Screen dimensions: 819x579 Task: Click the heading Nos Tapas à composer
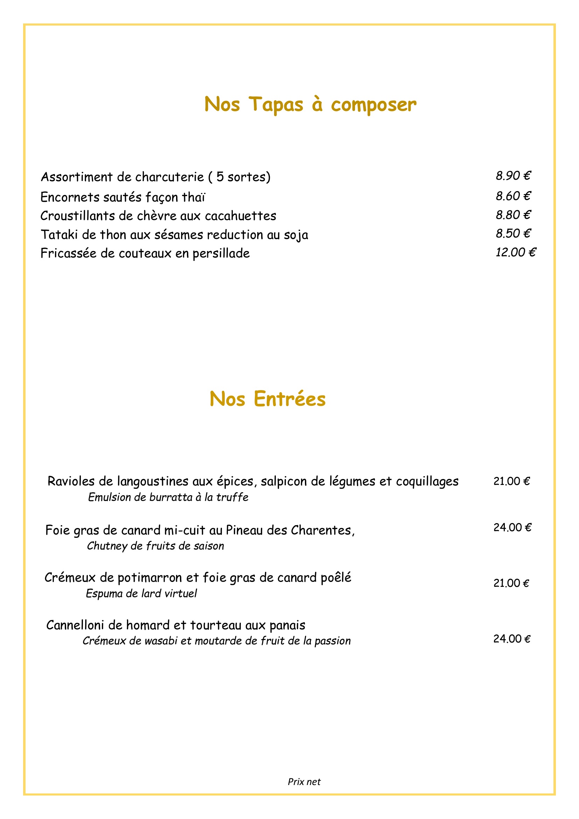point(310,104)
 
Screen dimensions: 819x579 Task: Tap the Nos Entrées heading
point(267,399)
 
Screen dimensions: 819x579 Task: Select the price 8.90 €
point(513,175)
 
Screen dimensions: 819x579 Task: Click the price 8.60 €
point(513,196)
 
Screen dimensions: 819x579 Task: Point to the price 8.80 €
point(513,215)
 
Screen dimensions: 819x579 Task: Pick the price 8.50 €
point(513,233)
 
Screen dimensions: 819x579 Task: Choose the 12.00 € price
point(516,252)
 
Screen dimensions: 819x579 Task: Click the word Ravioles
point(71,481)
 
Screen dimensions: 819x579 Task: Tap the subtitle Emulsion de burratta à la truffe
point(168,497)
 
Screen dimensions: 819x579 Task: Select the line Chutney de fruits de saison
point(155,546)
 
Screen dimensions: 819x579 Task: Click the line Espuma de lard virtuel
point(141,594)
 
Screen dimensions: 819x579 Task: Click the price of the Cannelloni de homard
point(512,639)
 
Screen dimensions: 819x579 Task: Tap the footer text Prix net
point(304,782)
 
